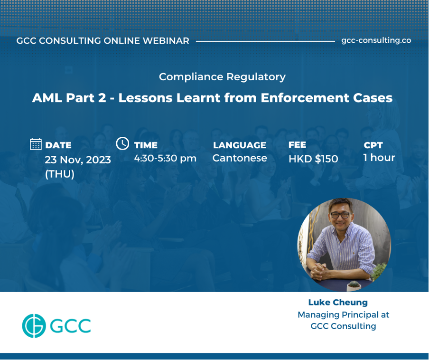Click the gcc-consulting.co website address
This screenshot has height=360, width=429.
pyautogui.click(x=376, y=40)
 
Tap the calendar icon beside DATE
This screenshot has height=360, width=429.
pyautogui.click(x=36, y=144)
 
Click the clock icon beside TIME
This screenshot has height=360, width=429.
pyautogui.click(x=122, y=143)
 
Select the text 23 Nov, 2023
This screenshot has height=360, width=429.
pyautogui.click(x=78, y=160)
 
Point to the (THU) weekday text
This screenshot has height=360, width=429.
pyautogui.click(x=60, y=174)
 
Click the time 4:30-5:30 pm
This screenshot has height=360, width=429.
pyautogui.click(x=165, y=158)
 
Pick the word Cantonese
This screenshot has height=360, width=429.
pyautogui.click(x=240, y=158)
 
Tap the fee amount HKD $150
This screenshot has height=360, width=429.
pyautogui.click(x=313, y=159)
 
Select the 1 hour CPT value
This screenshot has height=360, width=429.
pyautogui.click(x=379, y=157)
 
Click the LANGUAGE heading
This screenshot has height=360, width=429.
pyautogui.click(x=240, y=145)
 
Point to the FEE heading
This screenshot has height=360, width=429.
pyautogui.click(x=297, y=144)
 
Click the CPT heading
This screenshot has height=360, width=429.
pyautogui.click(x=373, y=145)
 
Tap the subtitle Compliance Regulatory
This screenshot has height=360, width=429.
pyautogui.click(x=222, y=76)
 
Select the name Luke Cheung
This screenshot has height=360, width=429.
pyautogui.click(x=338, y=302)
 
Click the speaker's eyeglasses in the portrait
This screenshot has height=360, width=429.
pyautogui.click(x=340, y=215)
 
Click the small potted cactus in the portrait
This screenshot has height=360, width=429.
pyautogui.click(x=354, y=285)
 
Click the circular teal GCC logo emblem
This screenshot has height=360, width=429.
pyautogui.click(x=34, y=326)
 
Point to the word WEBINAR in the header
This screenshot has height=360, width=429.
pyautogui.click(x=166, y=41)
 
